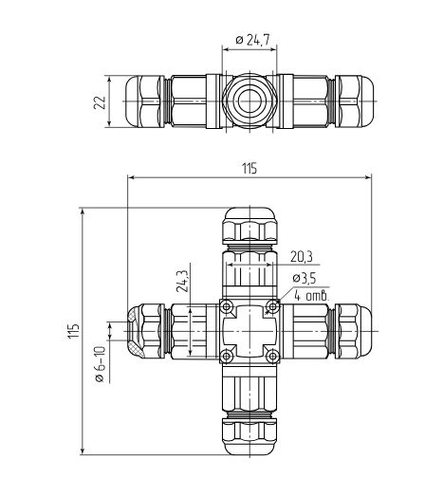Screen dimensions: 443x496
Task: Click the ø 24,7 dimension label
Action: point(252,40)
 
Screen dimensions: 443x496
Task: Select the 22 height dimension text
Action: point(100,101)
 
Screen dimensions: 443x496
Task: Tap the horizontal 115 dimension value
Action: point(249,168)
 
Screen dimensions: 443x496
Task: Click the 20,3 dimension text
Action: point(302,257)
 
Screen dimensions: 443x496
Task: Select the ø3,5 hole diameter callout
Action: point(305,278)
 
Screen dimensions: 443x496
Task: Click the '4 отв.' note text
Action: point(311,296)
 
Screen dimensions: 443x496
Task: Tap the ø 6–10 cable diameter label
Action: point(100,364)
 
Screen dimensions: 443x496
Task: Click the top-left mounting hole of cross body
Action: point(227,306)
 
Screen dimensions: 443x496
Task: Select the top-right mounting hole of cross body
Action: point(273,306)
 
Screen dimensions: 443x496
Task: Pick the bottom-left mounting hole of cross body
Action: point(227,357)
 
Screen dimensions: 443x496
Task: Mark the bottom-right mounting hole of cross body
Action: point(273,357)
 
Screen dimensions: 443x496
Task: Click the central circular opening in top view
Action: point(249,101)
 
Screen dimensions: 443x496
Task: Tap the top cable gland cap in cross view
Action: point(249,225)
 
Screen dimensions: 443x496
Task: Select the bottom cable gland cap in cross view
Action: point(249,437)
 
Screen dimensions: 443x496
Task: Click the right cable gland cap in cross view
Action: point(354,331)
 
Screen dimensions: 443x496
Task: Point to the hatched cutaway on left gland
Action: point(135,331)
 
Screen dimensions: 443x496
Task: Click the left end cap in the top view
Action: point(144,101)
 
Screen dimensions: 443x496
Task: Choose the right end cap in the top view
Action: point(355,101)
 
